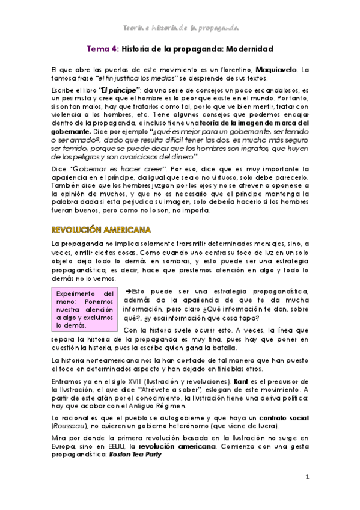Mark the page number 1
307,477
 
